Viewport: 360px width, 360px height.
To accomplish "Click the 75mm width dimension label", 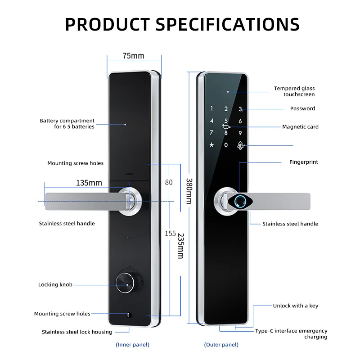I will tap(133, 56).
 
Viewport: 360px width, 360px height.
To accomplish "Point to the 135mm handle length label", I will tap(89, 183).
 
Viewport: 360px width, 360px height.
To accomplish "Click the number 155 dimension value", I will tap(170, 234).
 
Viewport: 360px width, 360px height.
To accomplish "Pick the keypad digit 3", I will tap(240, 109).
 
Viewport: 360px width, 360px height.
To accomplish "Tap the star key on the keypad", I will tap(211, 145).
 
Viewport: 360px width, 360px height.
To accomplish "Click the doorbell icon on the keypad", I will tap(240, 145).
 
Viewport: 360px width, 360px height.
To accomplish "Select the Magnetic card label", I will tap(300, 127).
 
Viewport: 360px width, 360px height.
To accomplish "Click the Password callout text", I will tap(302, 108).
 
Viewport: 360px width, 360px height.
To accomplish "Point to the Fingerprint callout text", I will tap(303, 162).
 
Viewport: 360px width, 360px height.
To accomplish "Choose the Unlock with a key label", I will tap(295, 306).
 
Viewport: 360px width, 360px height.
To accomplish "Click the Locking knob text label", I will tap(55, 284).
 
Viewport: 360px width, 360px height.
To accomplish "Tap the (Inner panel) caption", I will tap(132, 345).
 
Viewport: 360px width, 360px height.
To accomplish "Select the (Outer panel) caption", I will tap(221, 345).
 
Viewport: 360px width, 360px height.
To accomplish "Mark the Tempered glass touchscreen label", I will tap(294, 91).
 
